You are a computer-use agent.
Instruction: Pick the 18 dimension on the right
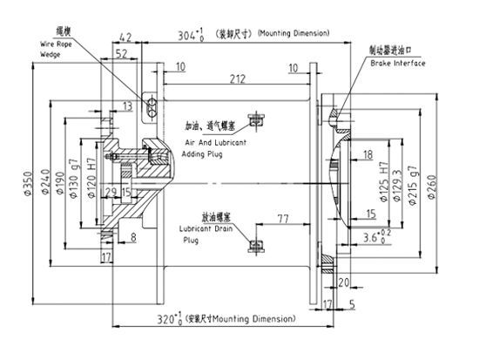tap(368, 154)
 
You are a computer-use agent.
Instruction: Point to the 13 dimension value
tap(128, 105)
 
